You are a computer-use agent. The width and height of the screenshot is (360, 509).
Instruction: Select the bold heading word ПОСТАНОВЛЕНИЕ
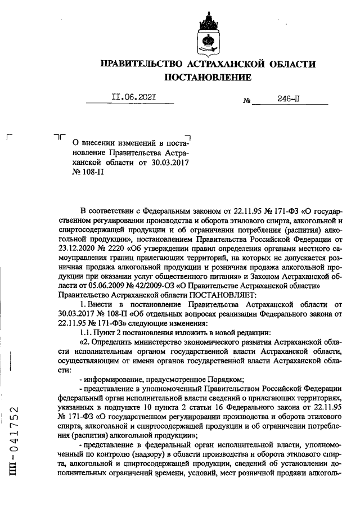coord(208,77)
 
